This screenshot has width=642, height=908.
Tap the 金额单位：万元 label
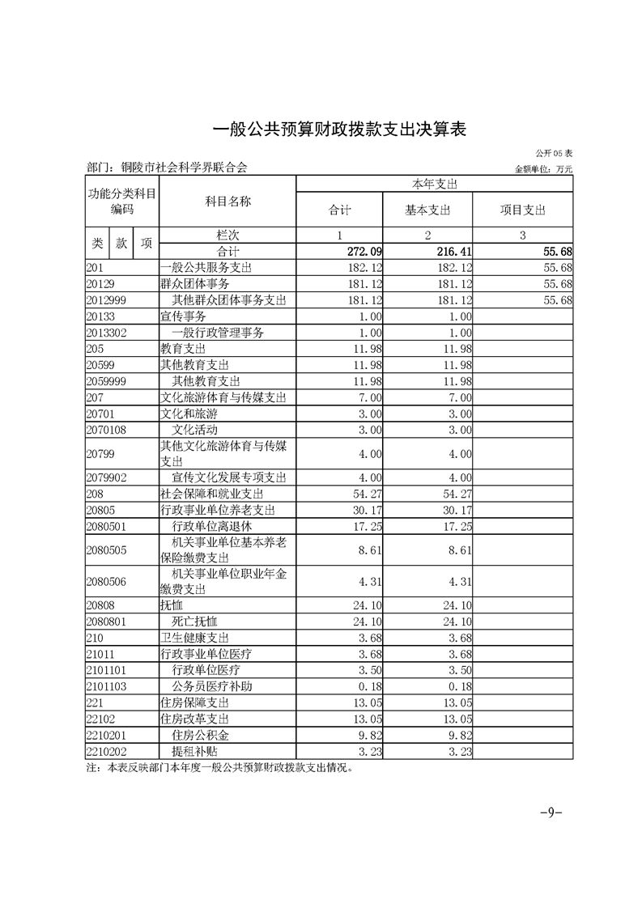tap(543, 169)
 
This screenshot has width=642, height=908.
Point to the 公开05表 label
tap(555, 153)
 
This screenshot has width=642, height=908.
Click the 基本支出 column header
tap(427, 210)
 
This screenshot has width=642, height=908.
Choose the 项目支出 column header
tap(522, 210)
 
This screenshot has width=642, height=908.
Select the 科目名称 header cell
tap(227, 202)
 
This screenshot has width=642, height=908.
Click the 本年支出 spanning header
tap(435, 184)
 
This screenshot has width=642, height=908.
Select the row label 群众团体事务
tap(195, 284)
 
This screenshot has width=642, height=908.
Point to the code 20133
tap(100, 316)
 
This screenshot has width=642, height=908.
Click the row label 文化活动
tap(195, 429)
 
